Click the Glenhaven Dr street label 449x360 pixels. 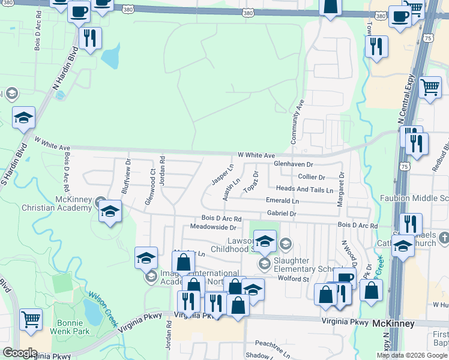294,164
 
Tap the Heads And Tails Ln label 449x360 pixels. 304,190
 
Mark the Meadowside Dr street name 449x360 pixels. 213,227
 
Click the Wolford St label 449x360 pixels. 294,279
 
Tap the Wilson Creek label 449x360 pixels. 104,307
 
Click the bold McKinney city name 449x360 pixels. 393,323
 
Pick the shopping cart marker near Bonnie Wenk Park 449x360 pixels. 31,319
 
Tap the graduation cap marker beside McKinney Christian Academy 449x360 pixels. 110,211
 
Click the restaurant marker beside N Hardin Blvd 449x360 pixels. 90,38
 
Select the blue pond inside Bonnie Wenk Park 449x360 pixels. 92,310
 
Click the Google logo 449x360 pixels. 20,353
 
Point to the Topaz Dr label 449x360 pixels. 252,182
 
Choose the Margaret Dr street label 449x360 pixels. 340,190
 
